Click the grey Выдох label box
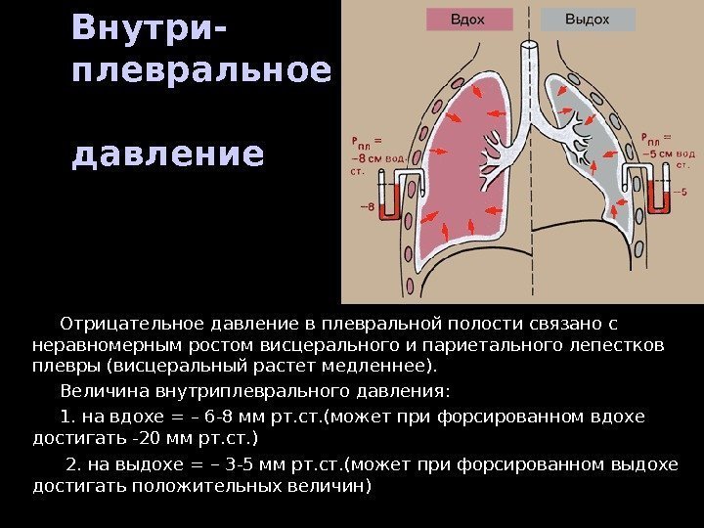(x=587, y=20)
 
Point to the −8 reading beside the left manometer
(x=367, y=207)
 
